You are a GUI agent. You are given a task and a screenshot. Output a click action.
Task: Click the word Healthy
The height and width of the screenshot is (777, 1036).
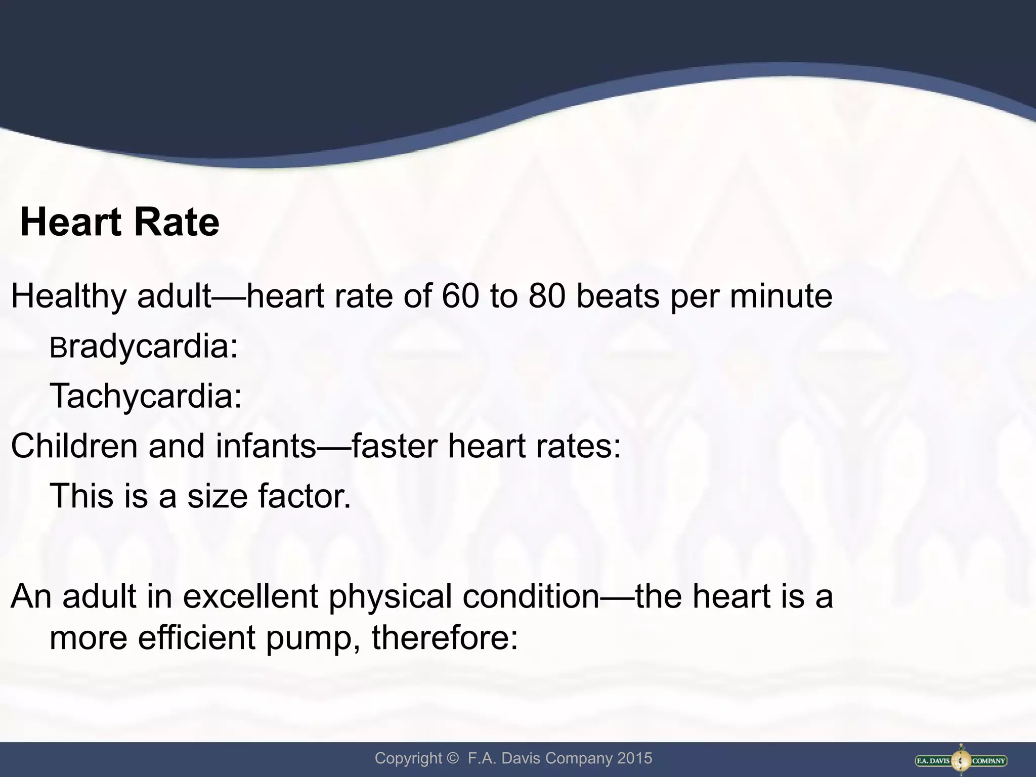pos(68,297)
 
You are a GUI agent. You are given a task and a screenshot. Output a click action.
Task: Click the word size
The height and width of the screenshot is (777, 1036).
pos(218,496)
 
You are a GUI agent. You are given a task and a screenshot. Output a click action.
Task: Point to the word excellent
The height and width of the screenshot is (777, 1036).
pos(250,596)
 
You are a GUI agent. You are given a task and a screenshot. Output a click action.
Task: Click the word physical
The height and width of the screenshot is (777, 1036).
pos(391,597)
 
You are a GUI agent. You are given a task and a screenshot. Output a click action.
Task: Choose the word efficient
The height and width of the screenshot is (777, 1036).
pos(196,638)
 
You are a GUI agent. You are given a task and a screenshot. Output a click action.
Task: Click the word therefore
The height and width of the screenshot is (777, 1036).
pos(445,638)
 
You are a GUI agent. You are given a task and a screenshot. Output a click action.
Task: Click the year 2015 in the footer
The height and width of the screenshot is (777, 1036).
pos(634,758)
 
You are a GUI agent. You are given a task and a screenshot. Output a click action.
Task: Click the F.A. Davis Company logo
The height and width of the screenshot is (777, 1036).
pos(961,760)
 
